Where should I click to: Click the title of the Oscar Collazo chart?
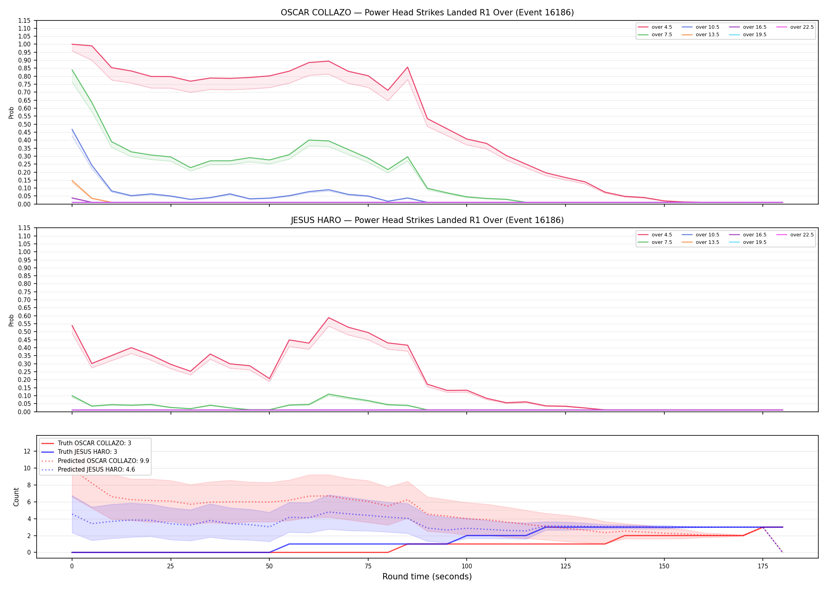[x=427, y=13]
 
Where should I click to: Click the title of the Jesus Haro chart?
[x=427, y=220]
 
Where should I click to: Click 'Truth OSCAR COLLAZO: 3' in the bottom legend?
[x=86, y=443]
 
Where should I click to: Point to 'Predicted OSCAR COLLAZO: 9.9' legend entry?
[x=95, y=461]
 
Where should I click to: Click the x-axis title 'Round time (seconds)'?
[x=427, y=577]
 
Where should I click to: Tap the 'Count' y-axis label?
[x=16, y=497]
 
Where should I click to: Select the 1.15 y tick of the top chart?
[x=24, y=20]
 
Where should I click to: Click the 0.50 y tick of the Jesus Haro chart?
[x=24, y=332]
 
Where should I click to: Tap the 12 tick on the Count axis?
[x=27, y=451]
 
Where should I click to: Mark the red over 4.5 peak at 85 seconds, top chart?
[x=408, y=67]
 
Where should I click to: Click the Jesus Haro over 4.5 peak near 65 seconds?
[x=329, y=318]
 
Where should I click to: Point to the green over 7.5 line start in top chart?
[x=72, y=70]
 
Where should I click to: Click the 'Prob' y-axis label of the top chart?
[x=11, y=113]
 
